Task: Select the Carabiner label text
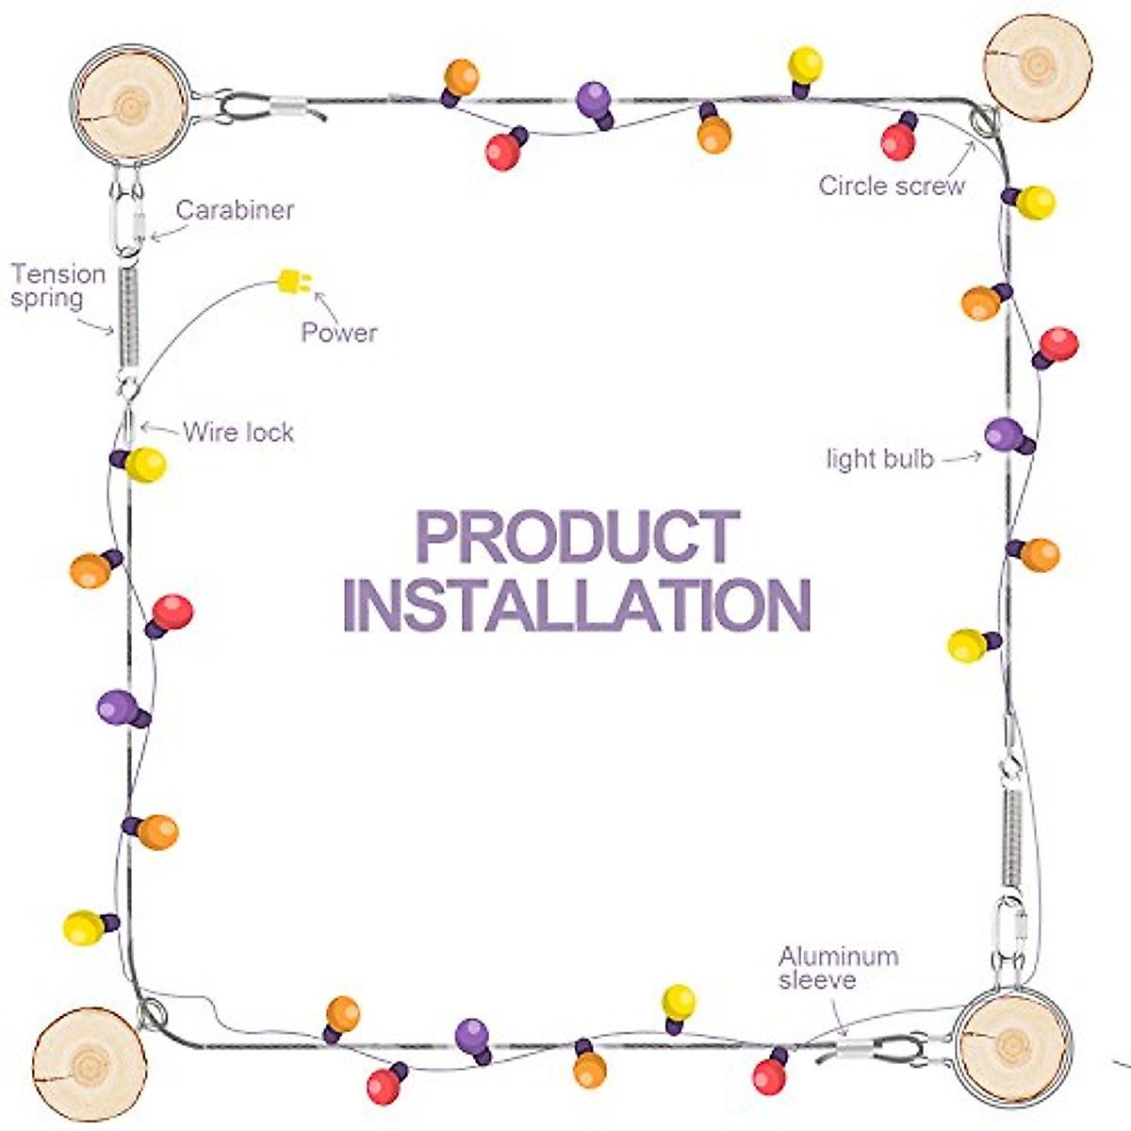[235, 210]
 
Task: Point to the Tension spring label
[57, 287]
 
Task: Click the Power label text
[339, 333]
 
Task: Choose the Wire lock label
[238, 433]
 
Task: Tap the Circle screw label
[892, 186]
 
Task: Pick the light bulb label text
[880, 459]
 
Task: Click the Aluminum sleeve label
[838, 968]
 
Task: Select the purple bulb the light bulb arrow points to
[1005, 435]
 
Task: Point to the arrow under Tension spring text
[97, 326]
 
